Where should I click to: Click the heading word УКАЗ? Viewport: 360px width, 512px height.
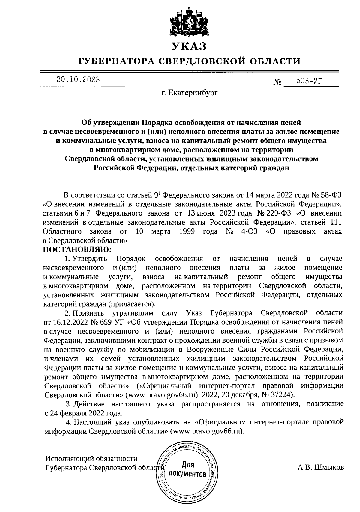tap(189, 46)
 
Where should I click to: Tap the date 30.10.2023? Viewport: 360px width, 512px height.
tap(79, 80)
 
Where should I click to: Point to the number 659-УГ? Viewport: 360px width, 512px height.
tap(112, 323)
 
